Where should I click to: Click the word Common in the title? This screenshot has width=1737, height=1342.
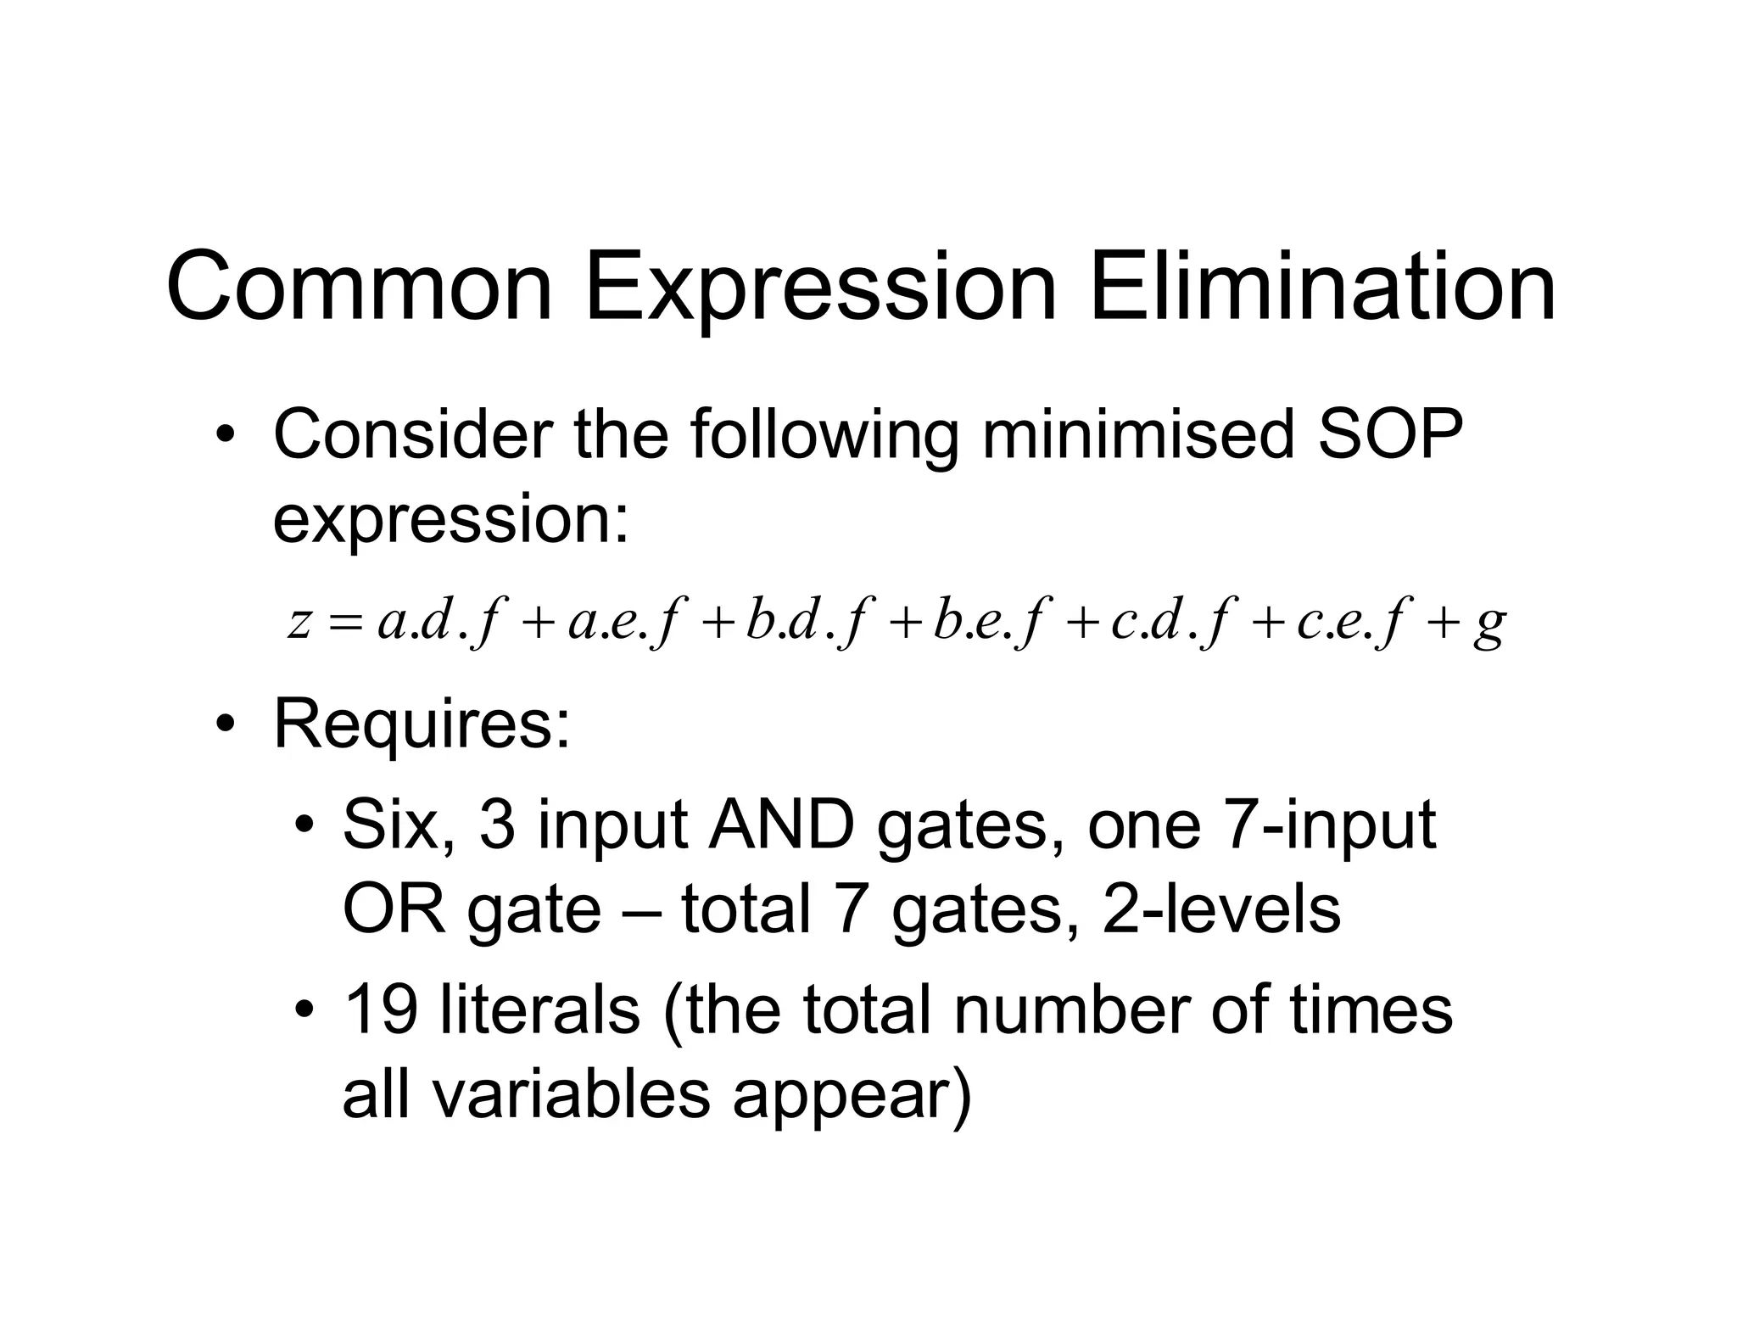click(x=360, y=287)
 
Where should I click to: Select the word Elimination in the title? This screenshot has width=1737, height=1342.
click(x=1322, y=287)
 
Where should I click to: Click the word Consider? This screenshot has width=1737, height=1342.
click(x=411, y=434)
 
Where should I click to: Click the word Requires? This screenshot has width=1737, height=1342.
click(x=422, y=723)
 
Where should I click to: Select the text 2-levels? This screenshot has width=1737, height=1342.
click(x=1220, y=909)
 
